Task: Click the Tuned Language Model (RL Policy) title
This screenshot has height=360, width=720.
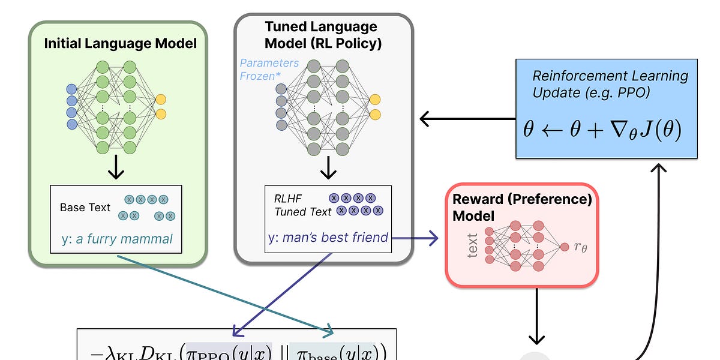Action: click(x=321, y=35)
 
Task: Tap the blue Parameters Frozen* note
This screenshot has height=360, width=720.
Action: click(x=269, y=69)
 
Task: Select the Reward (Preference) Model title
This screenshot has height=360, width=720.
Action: click(x=522, y=207)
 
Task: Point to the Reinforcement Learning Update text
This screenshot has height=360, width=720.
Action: click(x=610, y=85)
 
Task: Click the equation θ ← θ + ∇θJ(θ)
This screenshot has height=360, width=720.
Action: click(x=602, y=130)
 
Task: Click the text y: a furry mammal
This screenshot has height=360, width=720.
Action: click(x=117, y=239)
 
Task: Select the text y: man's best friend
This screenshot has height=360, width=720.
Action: click(x=328, y=238)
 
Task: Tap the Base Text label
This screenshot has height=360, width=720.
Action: click(x=85, y=208)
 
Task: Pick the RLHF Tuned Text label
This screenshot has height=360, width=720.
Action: click(x=303, y=205)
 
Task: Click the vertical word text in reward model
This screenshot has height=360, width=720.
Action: click(x=473, y=246)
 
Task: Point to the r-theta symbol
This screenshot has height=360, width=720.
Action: click(x=580, y=247)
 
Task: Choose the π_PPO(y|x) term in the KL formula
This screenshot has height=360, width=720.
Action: click(x=229, y=352)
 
